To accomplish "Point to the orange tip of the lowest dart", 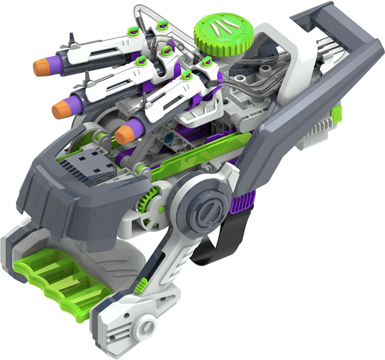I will [124, 134].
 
